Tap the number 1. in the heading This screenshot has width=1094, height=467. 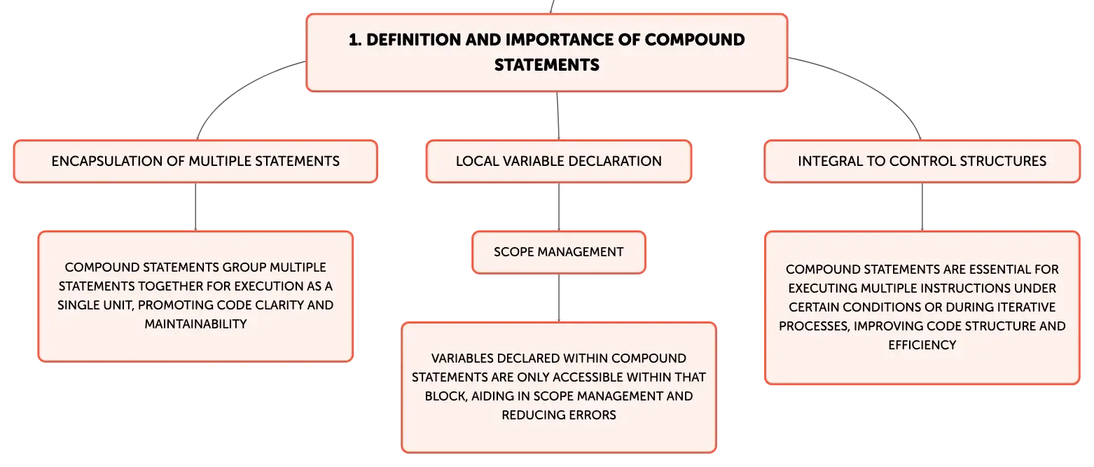point(355,40)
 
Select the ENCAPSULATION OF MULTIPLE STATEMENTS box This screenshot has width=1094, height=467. point(195,162)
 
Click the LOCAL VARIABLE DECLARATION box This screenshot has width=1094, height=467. point(559,162)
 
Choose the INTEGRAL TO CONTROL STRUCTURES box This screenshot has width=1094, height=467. point(922,162)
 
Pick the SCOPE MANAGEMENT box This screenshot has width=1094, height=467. point(559,252)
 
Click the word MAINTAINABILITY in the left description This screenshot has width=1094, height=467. point(195,324)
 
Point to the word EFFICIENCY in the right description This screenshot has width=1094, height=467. point(922,345)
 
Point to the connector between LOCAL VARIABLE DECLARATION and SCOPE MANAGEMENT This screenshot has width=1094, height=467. point(559,207)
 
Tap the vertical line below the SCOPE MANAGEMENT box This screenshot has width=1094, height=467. point(559,298)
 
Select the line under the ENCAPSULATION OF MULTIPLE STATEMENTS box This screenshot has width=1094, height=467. point(195,207)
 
